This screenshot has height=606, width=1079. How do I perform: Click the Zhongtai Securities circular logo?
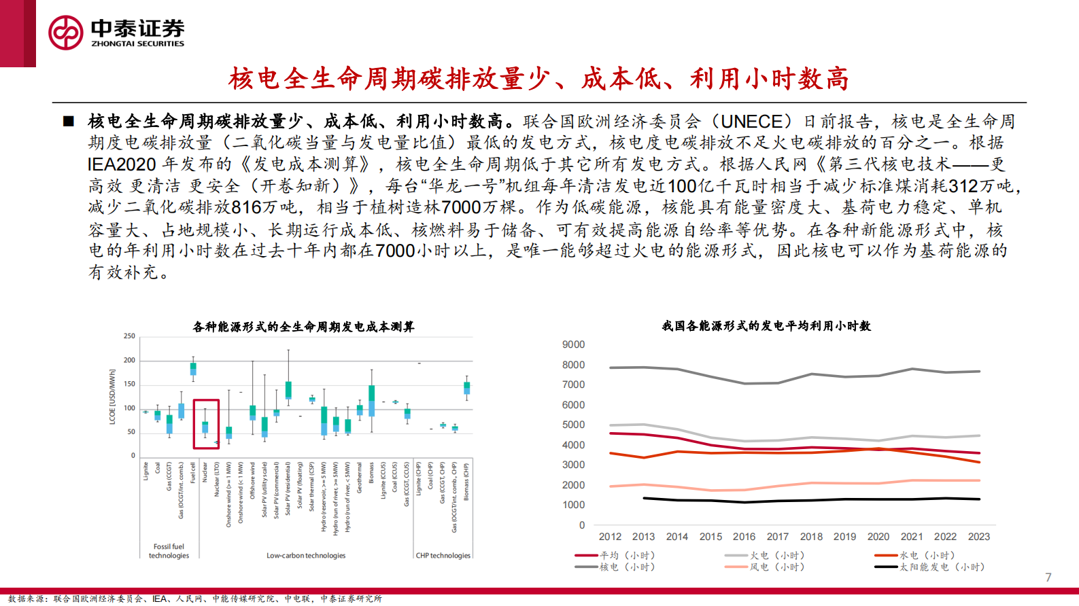(66, 32)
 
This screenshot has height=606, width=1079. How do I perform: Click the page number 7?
(1048, 577)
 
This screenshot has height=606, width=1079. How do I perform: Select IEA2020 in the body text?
(122, 164)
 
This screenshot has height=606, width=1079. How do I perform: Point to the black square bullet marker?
(68, 122)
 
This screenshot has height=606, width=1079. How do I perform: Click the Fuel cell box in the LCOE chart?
(193, 368)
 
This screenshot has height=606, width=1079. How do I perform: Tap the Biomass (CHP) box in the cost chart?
(466, 388)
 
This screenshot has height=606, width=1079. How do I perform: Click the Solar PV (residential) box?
(288, 390)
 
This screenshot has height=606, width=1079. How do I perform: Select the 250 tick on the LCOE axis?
(129, 336)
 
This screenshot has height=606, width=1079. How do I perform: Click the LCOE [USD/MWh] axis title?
(112, 397)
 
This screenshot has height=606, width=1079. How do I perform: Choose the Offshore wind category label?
(252, 480)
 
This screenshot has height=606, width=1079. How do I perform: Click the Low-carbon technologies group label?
(306, 556)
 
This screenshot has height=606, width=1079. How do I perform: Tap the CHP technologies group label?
(443, 556)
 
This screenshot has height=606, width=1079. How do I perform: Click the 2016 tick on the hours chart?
(744, 537)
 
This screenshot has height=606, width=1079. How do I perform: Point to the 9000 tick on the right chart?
(573, 345)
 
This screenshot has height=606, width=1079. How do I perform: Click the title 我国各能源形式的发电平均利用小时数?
(766, 326)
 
